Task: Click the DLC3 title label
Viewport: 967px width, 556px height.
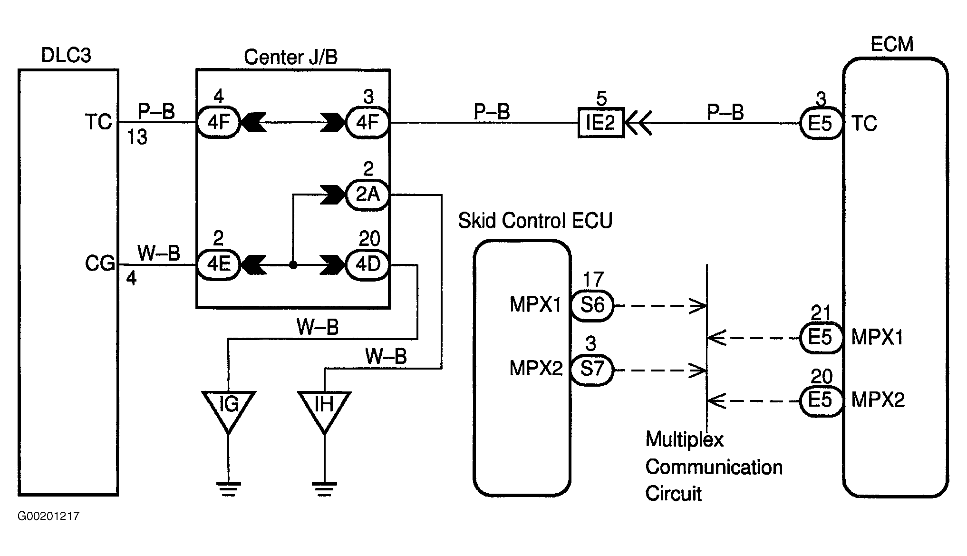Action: [x=66, y=56]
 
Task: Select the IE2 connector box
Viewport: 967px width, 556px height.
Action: [x=600, y=123]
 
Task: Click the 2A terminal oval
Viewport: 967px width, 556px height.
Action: [x=367, y=194]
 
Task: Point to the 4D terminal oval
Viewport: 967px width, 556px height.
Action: [x=367, y=264]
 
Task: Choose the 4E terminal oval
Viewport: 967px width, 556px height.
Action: [x=219, y=264]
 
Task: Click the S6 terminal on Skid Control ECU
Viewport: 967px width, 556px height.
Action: [x=592, y=305]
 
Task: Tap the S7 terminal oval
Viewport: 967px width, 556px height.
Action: [x=592, y=369]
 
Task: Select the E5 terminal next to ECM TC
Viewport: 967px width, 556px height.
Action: [x=821, y=124]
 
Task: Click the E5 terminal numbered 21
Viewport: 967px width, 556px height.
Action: [x=821, y=338]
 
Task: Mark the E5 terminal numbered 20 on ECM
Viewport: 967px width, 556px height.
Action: [x=821, y=401]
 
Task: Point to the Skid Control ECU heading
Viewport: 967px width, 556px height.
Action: [x=535, y=221]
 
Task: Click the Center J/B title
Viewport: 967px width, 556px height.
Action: [x=290, y=57]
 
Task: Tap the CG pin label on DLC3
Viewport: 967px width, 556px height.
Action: [x=100, y=263]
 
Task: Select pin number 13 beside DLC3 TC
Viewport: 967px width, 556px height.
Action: [x=137, y=138]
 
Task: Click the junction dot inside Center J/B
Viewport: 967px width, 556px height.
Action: [x=293, y=265]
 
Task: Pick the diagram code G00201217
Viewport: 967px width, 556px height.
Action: [x=48, y=516]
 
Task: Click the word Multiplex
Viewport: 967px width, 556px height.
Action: [x=684, y=439]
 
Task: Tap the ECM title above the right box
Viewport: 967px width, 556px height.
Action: [x=892, y=44]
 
